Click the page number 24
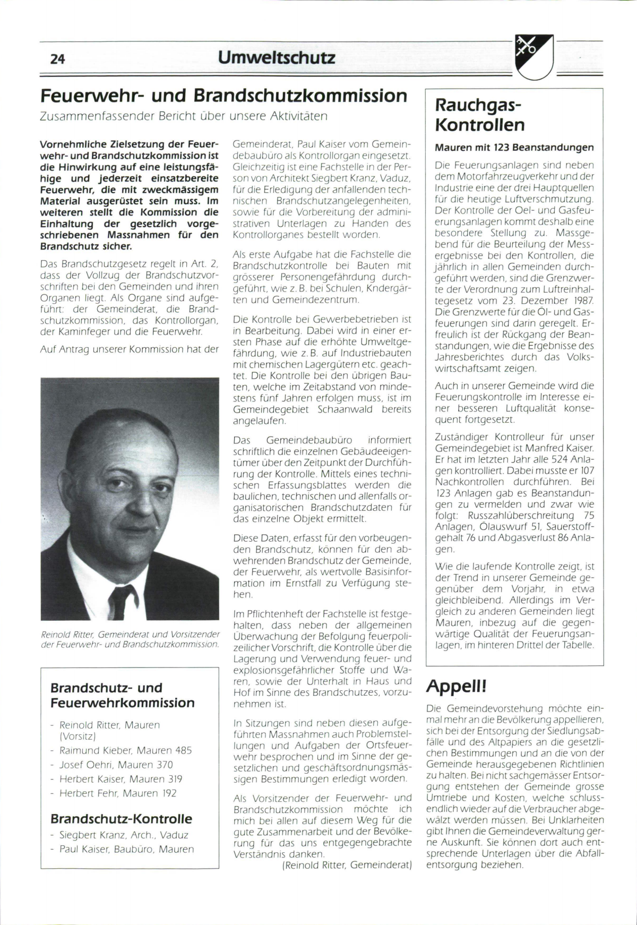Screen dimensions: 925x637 pos(57,59)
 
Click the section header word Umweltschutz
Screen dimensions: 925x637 pos(277,57)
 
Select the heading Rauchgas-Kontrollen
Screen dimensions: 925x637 pos(480,115)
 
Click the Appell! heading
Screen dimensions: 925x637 pos(456,687)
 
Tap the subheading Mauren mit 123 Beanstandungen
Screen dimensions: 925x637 pos(514,147)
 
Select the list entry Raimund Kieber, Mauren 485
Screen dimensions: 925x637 pos(125,750)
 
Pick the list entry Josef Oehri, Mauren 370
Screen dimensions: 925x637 pos(116,765)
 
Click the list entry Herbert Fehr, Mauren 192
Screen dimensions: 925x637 pos(117,793)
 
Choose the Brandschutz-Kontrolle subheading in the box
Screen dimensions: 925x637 pos(121,819)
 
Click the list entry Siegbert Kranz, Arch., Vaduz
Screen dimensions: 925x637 pos(124,835)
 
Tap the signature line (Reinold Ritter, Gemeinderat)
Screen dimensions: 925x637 pos(347,865)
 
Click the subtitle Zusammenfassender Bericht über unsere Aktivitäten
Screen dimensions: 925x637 pos(184,116)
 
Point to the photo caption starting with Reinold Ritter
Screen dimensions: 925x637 pos(130,639)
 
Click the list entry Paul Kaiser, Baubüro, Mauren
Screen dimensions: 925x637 pos(126,849)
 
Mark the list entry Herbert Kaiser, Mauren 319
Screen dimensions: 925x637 pos(120,779)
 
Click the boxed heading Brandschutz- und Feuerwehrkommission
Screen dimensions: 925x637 pos(122,695)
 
